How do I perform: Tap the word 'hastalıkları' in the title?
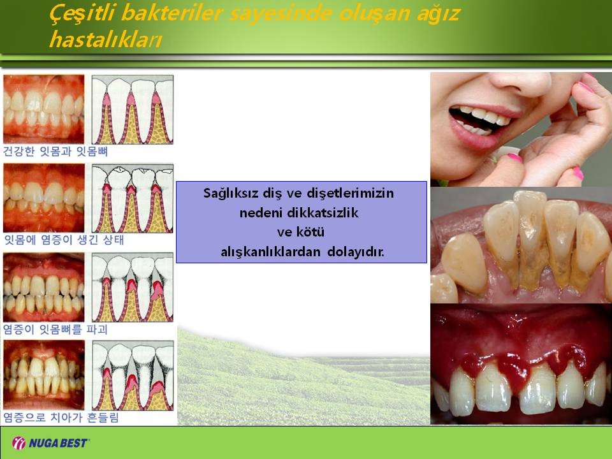tap(105, 40)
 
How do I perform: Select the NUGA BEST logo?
tap(50, 443)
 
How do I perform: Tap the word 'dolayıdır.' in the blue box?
tap(356, 252)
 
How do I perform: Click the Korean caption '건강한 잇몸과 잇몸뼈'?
tap(55, 152)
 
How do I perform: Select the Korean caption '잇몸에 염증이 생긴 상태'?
tap(64, 240)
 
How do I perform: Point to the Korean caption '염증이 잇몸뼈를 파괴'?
tap(55, 330)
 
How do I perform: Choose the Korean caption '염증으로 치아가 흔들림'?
tap(61, 418)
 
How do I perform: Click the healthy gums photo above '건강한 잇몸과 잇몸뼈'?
tap(44, 109)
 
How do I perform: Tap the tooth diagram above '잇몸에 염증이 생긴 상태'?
tap(133, 198)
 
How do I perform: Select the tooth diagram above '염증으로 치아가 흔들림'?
tap(133, 375)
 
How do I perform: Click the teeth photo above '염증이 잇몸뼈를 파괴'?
tap(44, 288)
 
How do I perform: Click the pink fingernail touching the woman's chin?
tap(515, 158)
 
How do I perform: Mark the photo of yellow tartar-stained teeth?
tap(521, 245)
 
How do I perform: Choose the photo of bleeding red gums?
tap(521, 364)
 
